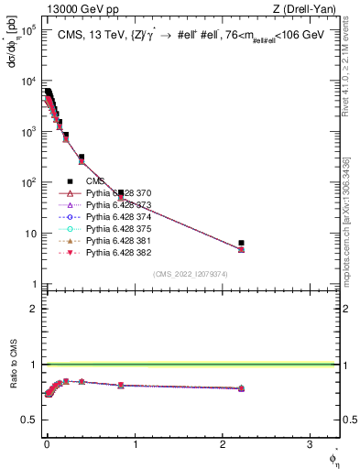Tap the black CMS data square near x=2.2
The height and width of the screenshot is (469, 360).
(241, 243)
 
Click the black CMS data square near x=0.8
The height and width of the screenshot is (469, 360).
(121, 193)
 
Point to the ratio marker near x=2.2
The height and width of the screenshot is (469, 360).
(241, 388)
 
